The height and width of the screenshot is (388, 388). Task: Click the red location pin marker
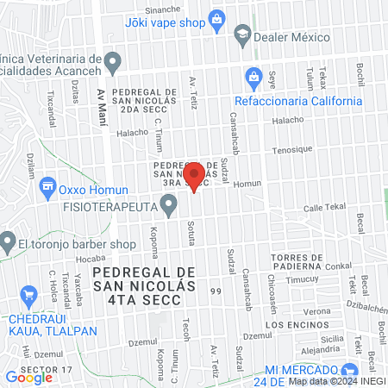pyautogui.click(x=194, y=175)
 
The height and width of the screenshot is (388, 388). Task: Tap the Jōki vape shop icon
pyautogui.click(x=218, y=19)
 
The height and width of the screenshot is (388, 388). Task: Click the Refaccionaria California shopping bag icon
pyautogui.click(x=253, y=76)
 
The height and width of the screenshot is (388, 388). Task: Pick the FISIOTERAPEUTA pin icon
pyautogui.click(x=170, y=206)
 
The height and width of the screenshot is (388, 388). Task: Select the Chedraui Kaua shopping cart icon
pyautogui.click(x=28, y=294)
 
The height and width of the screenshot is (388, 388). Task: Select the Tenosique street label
pyautogui.click(x=295, y=149)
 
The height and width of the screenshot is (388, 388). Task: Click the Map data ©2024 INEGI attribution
pyautogui.click(x=335, y=381)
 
